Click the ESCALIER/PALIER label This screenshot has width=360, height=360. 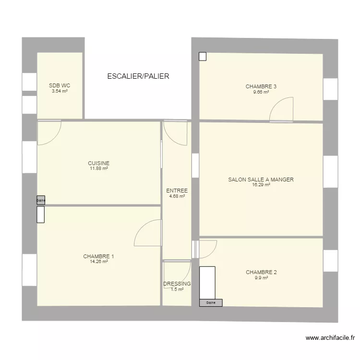pos(138,76)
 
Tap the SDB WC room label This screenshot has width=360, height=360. pos(60,86)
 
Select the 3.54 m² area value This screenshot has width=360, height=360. pos(60,91)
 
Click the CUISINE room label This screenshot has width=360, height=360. pos(98,163)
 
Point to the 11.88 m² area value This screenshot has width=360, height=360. pos(98,168)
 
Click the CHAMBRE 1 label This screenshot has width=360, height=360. pos(98,256)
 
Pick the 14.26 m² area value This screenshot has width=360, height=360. pos(98,262)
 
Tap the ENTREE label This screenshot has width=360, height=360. pos(177,191)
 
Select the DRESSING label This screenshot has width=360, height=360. pos(177,284)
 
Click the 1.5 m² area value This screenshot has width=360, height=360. pos(177,289)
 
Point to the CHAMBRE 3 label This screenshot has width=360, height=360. pos(261,86)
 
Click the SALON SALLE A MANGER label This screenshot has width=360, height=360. pos(261,180)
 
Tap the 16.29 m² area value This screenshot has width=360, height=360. pos(261,185)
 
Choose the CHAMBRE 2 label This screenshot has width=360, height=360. pos(261,272)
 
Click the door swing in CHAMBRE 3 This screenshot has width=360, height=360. pos(282,109)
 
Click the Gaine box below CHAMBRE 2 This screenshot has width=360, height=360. pos(211,303)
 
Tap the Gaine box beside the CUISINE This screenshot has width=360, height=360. pos(41,200)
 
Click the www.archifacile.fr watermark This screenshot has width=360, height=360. pos(333,338)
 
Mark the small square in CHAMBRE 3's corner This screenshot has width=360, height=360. pos(203,57)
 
